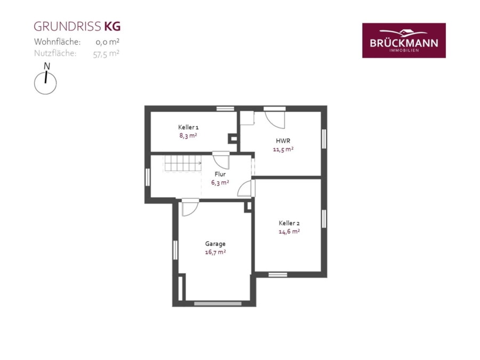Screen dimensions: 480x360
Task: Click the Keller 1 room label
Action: click(x=188, y=127)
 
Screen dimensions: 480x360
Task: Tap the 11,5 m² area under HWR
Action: click(x=283, y=149)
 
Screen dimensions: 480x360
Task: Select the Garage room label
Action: click(x=215, y=244)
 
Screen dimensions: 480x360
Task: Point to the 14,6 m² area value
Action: click(x=289, y=231)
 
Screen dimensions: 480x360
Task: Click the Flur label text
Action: click(x=220, y=174)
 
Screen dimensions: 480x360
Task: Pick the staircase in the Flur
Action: click(x=183, y=163)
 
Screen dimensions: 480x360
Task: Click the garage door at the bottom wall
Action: click(x=218, y=303)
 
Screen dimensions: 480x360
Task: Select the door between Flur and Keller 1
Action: click(x=221, y=160)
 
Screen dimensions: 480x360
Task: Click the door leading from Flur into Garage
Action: click(x=190, y=207)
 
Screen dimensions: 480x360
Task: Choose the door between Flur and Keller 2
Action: click(x=246, y=188)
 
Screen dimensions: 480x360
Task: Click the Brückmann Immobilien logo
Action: click(x=404, y=41)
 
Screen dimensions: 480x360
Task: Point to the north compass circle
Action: click(x=45, y=83)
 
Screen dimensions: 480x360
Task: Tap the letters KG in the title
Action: click(x=113, y=27)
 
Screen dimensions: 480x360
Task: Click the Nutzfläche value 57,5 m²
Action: click(x=106, y=53)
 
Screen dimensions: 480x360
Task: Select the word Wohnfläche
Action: click(x=57, y=42)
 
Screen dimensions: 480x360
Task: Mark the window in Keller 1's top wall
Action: click(x=225, y=109)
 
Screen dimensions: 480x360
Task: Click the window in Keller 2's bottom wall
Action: click(x=278, y=275)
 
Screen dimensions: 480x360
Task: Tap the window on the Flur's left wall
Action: click(x=148, y=177)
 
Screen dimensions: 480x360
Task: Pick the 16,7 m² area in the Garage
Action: click(x=215, y=252)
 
